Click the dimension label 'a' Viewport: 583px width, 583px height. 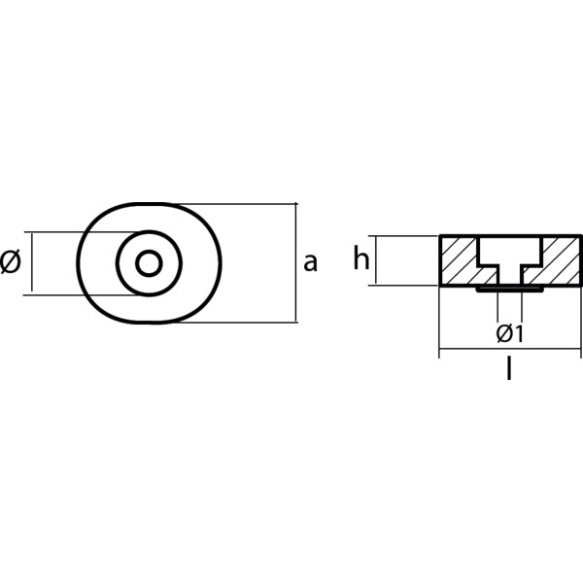click(x=311, y=262)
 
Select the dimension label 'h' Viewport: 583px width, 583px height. click(x=361, y=258)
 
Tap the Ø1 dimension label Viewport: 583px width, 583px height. click(x=510, y=333)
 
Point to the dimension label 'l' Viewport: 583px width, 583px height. click(x=509, y=368)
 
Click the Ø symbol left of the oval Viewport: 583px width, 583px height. click(x=11, y=262)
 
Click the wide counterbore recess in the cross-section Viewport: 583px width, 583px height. click(x=510, y=251)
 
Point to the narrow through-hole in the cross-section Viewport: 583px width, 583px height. click(x=510, y=276)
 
